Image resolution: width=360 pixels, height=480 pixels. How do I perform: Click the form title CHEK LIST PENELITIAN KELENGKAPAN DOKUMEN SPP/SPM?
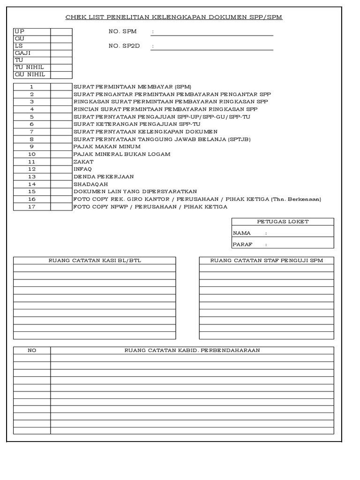pos(173,17)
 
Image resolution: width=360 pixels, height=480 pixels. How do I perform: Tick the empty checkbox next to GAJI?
pos(61,53)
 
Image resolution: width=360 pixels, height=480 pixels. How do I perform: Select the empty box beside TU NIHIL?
pos(61,67)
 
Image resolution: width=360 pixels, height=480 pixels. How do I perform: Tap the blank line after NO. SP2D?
pos(212,46)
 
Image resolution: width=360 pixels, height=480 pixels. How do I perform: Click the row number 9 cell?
pos(32,147)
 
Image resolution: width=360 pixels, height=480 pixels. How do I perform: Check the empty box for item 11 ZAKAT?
pos(61,161)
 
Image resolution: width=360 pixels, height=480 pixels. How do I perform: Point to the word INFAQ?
pos(83,169)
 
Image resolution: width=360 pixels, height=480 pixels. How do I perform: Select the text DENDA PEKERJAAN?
pos(104,176)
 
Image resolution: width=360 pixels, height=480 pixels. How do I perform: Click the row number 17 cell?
pos(32,207)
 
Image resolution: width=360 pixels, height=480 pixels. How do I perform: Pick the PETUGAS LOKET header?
pos(283,222)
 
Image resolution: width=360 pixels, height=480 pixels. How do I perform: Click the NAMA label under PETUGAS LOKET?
pos(242,233)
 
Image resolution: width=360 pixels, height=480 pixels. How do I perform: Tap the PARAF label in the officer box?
pos(242,244)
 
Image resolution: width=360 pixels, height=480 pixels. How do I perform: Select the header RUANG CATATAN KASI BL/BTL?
pos(95,261)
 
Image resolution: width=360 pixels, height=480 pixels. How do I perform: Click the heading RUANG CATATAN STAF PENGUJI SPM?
pos(266,261)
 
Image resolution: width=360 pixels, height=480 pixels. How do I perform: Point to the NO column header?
pos(32,350)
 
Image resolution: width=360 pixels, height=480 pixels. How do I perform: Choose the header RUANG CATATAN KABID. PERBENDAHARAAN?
pos(192,350)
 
